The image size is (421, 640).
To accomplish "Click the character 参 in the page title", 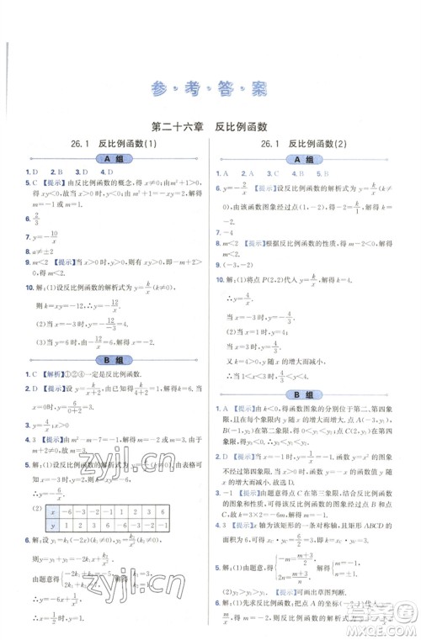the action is (x=154, y=87).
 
